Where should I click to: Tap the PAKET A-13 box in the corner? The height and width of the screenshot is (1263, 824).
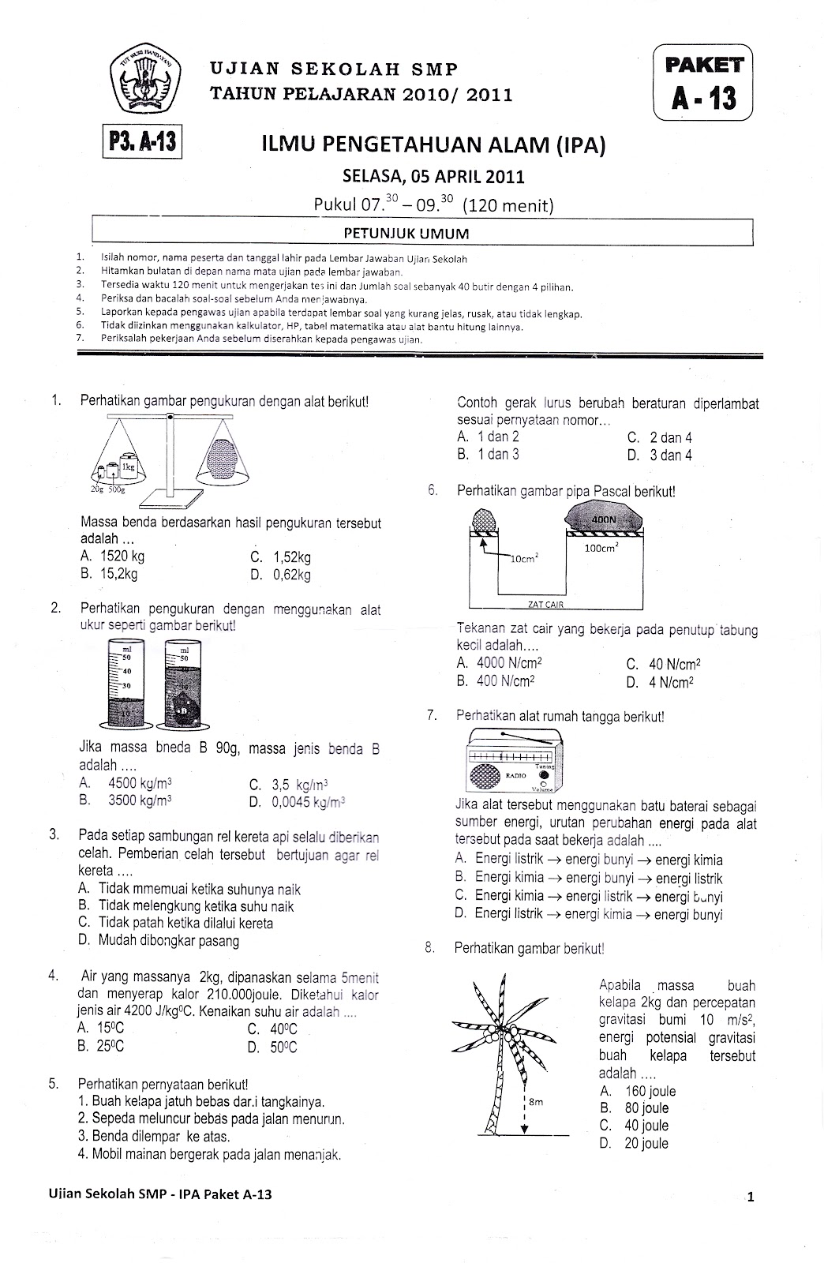point(703,82)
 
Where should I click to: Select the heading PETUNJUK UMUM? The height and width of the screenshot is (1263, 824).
point(422,233)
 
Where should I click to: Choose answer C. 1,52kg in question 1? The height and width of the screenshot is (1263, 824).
point(280,557)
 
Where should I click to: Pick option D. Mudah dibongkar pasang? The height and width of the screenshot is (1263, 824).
point(158,940)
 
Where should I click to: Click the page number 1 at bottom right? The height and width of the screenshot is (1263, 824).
point(751,1197)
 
